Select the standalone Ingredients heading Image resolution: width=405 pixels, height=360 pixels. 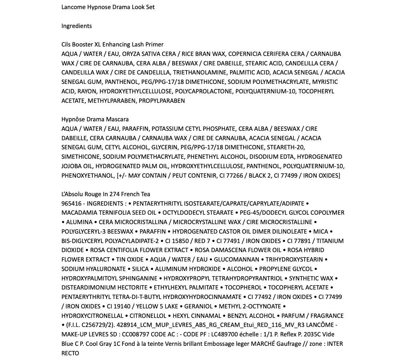tap(76, 26)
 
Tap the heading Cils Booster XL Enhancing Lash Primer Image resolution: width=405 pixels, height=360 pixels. tap(112, 44)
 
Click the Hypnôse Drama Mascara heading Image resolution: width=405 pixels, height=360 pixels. tap(95, 119)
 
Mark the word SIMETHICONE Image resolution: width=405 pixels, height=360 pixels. tap(80, 157)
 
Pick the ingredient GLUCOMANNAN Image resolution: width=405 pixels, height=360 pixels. tap(237, 259)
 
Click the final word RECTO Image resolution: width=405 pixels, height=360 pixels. tap(70, 353)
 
